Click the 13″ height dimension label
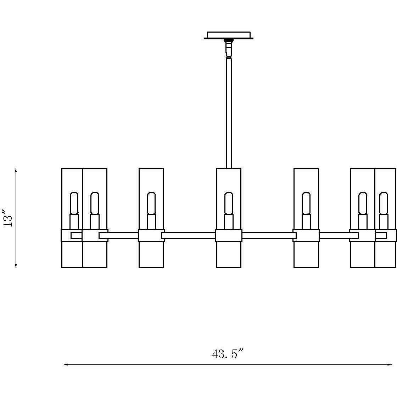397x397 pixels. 9,217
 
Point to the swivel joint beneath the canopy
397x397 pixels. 229,48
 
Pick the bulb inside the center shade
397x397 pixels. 229,203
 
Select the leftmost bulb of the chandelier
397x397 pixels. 74,203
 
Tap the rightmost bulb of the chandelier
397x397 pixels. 384,203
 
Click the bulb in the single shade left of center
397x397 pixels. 151,203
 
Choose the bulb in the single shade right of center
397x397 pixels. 306,203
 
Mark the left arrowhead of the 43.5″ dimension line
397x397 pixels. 65,364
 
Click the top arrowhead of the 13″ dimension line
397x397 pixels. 16,170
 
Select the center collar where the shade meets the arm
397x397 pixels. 229,235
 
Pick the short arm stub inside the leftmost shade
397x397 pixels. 76,236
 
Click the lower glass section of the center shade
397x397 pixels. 229,255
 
